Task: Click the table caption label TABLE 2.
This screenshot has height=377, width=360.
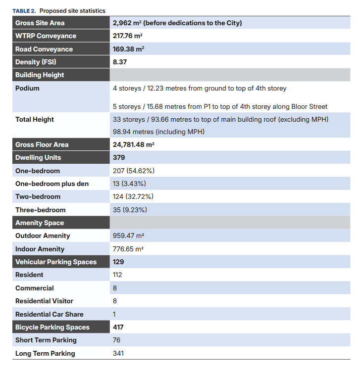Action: [24, 11]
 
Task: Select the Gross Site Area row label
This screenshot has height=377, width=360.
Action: [40, 23]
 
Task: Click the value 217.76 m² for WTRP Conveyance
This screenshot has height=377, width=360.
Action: [128, 36]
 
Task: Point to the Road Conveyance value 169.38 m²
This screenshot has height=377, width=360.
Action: [128, 49]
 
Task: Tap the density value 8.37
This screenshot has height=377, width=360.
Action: [120, 62]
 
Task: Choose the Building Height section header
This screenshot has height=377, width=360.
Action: [40, 75]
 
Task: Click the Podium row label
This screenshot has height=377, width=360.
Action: [27, 89]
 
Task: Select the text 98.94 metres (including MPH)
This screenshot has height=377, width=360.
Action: [158, 132]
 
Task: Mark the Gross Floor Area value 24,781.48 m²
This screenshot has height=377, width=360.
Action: [134, 144]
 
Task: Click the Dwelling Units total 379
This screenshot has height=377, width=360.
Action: [119, 157]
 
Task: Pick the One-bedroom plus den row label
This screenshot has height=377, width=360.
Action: [52, 184]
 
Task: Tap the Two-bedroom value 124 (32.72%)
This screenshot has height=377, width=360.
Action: [133, 196]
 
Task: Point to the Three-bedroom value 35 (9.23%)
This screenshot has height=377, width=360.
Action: [130, 210]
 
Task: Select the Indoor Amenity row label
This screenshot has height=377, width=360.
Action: [40, 249]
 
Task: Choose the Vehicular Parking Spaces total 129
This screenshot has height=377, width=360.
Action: [118, 262]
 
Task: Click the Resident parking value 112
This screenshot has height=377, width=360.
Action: [117, 275]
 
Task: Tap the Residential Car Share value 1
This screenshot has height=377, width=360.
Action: [114, 314]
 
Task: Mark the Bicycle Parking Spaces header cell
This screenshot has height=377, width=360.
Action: [52, 327]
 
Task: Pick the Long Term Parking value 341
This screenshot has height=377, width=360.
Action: [118, 353]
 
